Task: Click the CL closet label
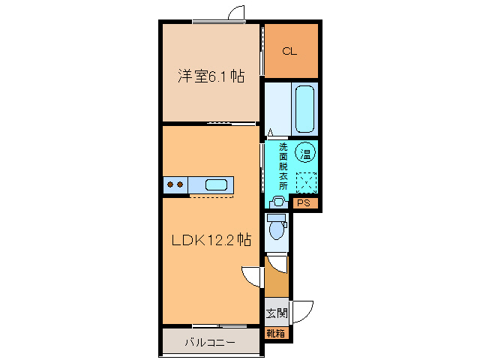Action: coord(289,51)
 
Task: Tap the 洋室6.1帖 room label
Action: coord(211,76)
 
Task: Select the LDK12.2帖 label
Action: coord(211,240)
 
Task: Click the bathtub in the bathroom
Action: coord(305,109)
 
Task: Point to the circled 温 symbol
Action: coord(305,152)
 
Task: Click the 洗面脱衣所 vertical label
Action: coord(283,166)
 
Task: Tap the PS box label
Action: coord(304,202)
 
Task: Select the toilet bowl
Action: coord(277,227)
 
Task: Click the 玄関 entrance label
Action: coord(277,313)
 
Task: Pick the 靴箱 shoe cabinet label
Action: coord(275,333)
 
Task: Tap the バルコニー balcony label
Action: coord(210,342)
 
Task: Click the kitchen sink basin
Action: coord(216,185)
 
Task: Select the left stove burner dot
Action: coord(170,184)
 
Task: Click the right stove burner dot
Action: coord(180,184)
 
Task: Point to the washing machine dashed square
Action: coord(306,182)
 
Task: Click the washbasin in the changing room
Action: coord(278,202)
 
